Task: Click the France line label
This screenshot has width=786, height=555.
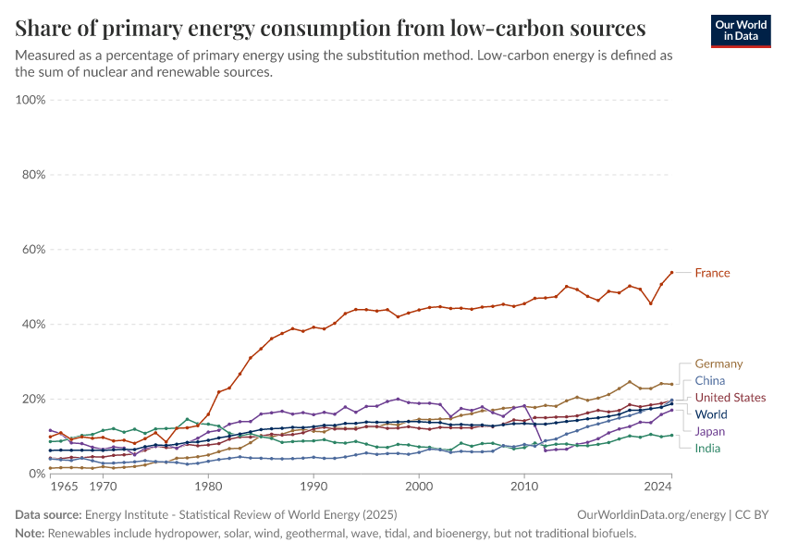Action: point(712,273)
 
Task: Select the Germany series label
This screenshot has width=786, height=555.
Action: point(718,364)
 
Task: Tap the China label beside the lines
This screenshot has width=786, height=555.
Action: point(709,380)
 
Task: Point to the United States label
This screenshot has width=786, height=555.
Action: point(730,398)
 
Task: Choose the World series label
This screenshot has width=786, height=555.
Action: point(710,414)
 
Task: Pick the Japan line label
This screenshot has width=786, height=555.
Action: point(710,431)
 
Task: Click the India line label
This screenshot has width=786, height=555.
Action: point(708,448)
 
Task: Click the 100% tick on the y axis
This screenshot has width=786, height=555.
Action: point(31,99)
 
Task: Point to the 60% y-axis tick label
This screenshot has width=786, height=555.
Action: point(32,249)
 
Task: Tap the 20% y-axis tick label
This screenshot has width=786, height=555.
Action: point(32,399)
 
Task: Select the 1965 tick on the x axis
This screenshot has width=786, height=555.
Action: point(64,486)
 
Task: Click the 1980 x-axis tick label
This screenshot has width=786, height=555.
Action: point(208,486)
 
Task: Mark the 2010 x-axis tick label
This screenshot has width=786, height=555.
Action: point(524,486)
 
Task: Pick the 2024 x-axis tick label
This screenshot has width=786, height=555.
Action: point(657,486)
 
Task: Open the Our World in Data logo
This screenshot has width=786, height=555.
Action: point(741,30)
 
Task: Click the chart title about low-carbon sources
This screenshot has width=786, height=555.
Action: point(330,27)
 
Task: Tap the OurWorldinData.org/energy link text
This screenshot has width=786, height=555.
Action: point(651,514)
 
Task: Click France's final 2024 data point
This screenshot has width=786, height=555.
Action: point(671,273)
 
